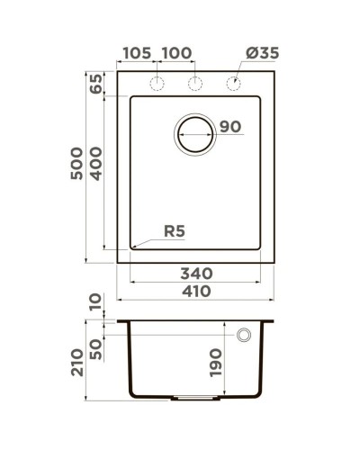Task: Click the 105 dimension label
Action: click(136, 54)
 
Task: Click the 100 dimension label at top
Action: click(176, 54)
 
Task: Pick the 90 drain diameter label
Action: click(229, 126)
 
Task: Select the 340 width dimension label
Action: click(195, 272)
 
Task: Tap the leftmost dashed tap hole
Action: click(156, 85)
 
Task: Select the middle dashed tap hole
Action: click(193, 85)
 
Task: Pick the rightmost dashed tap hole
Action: click(232, 85)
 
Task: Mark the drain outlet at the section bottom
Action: click(193, 397)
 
